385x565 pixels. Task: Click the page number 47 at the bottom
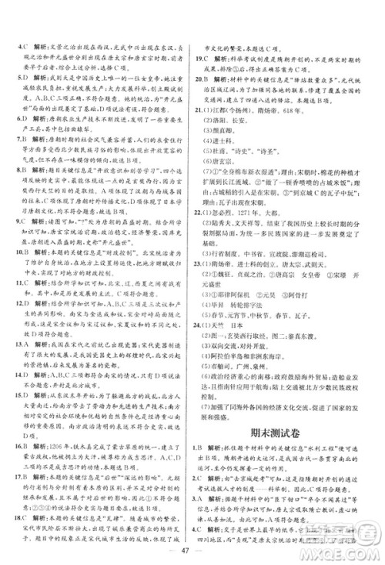[192, 550]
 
